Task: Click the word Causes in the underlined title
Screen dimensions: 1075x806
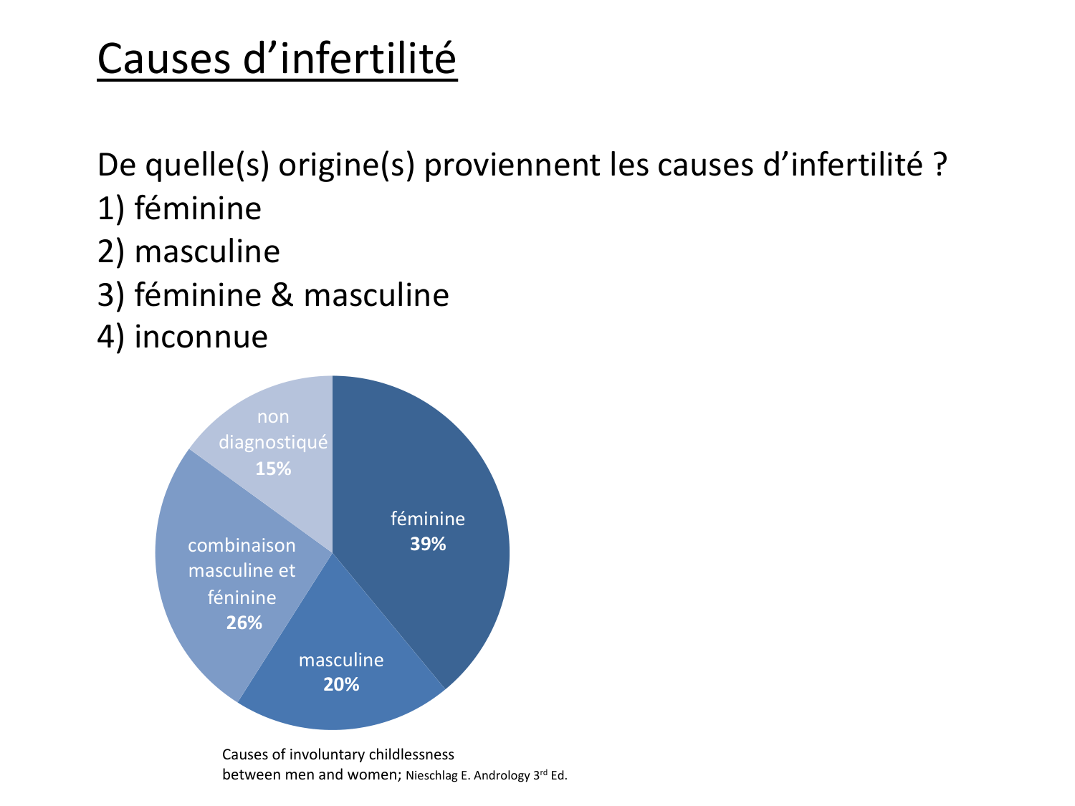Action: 164,59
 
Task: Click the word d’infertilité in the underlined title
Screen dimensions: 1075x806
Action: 350,58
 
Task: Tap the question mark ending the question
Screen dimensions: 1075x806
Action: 939,164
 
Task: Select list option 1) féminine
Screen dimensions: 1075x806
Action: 179,208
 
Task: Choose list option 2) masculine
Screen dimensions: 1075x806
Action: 188,251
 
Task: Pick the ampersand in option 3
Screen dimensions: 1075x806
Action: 282,295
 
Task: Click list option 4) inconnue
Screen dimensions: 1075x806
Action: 183,337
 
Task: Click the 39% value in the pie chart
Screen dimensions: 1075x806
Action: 428,544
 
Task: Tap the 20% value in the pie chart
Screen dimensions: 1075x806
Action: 341,684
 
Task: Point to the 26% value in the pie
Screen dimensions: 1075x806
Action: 244,623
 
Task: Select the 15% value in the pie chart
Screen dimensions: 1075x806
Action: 273,469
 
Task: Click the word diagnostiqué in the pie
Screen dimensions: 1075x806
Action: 273,442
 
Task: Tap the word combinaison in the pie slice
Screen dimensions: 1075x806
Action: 242,545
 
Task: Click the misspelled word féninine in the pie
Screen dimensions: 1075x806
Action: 242,597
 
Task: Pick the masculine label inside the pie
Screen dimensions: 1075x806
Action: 341,660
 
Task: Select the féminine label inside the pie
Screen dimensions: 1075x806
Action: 428,518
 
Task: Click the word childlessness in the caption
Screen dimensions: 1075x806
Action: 411,754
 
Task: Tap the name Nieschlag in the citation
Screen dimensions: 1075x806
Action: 431,776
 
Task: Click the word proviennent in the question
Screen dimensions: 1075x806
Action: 512,165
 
